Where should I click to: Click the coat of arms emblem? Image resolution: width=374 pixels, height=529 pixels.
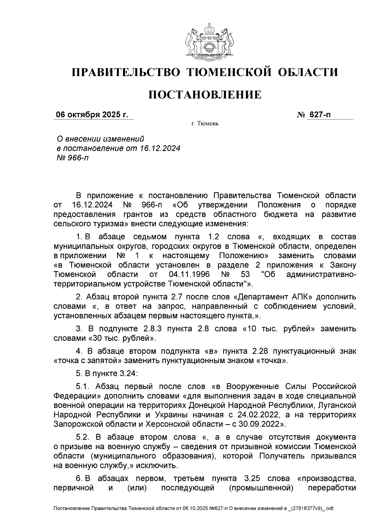pos(205,42)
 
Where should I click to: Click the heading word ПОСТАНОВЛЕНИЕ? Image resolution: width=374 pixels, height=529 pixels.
pos(205,94)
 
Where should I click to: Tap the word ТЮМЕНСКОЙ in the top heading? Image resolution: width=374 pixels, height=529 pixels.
pos(229,72)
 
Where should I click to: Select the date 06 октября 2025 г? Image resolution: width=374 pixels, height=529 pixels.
pos(92,115)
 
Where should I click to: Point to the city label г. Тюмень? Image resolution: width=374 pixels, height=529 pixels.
pos(205,124)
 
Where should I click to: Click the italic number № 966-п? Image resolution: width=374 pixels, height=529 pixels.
pos(71,158)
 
